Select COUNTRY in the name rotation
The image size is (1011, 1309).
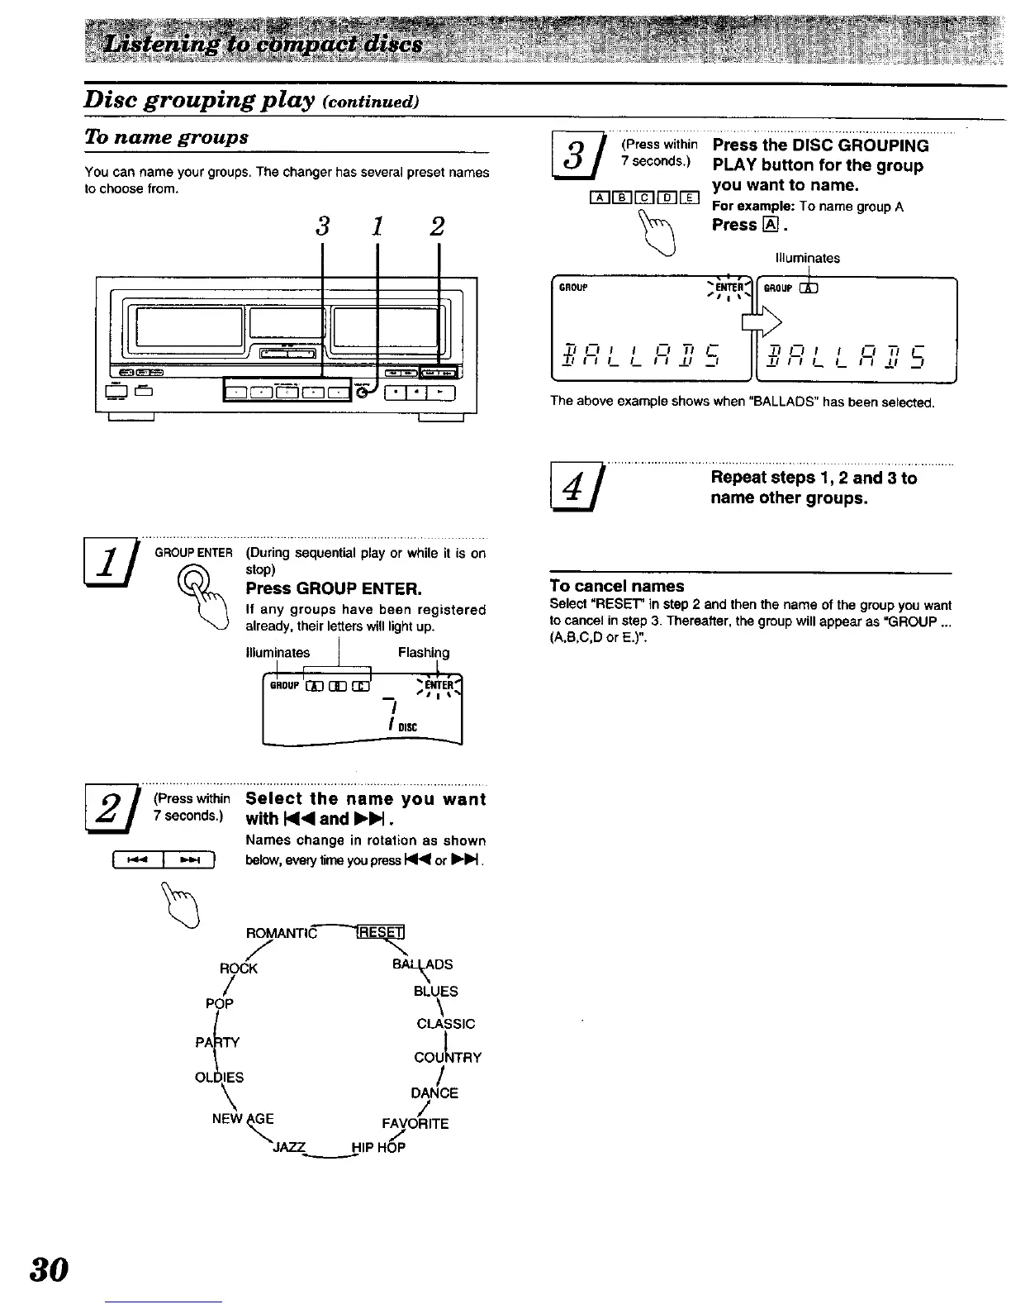coord(448,1058)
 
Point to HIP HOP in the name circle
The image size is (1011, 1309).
coord(378,1147)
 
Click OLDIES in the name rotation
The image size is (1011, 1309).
coord(219,1078)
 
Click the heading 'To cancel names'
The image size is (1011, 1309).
coord(617,586)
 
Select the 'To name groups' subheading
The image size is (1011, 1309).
coord(166,137)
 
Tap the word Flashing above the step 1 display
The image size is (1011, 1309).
coord(424,653)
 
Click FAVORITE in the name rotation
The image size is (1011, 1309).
coord(415,1124)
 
